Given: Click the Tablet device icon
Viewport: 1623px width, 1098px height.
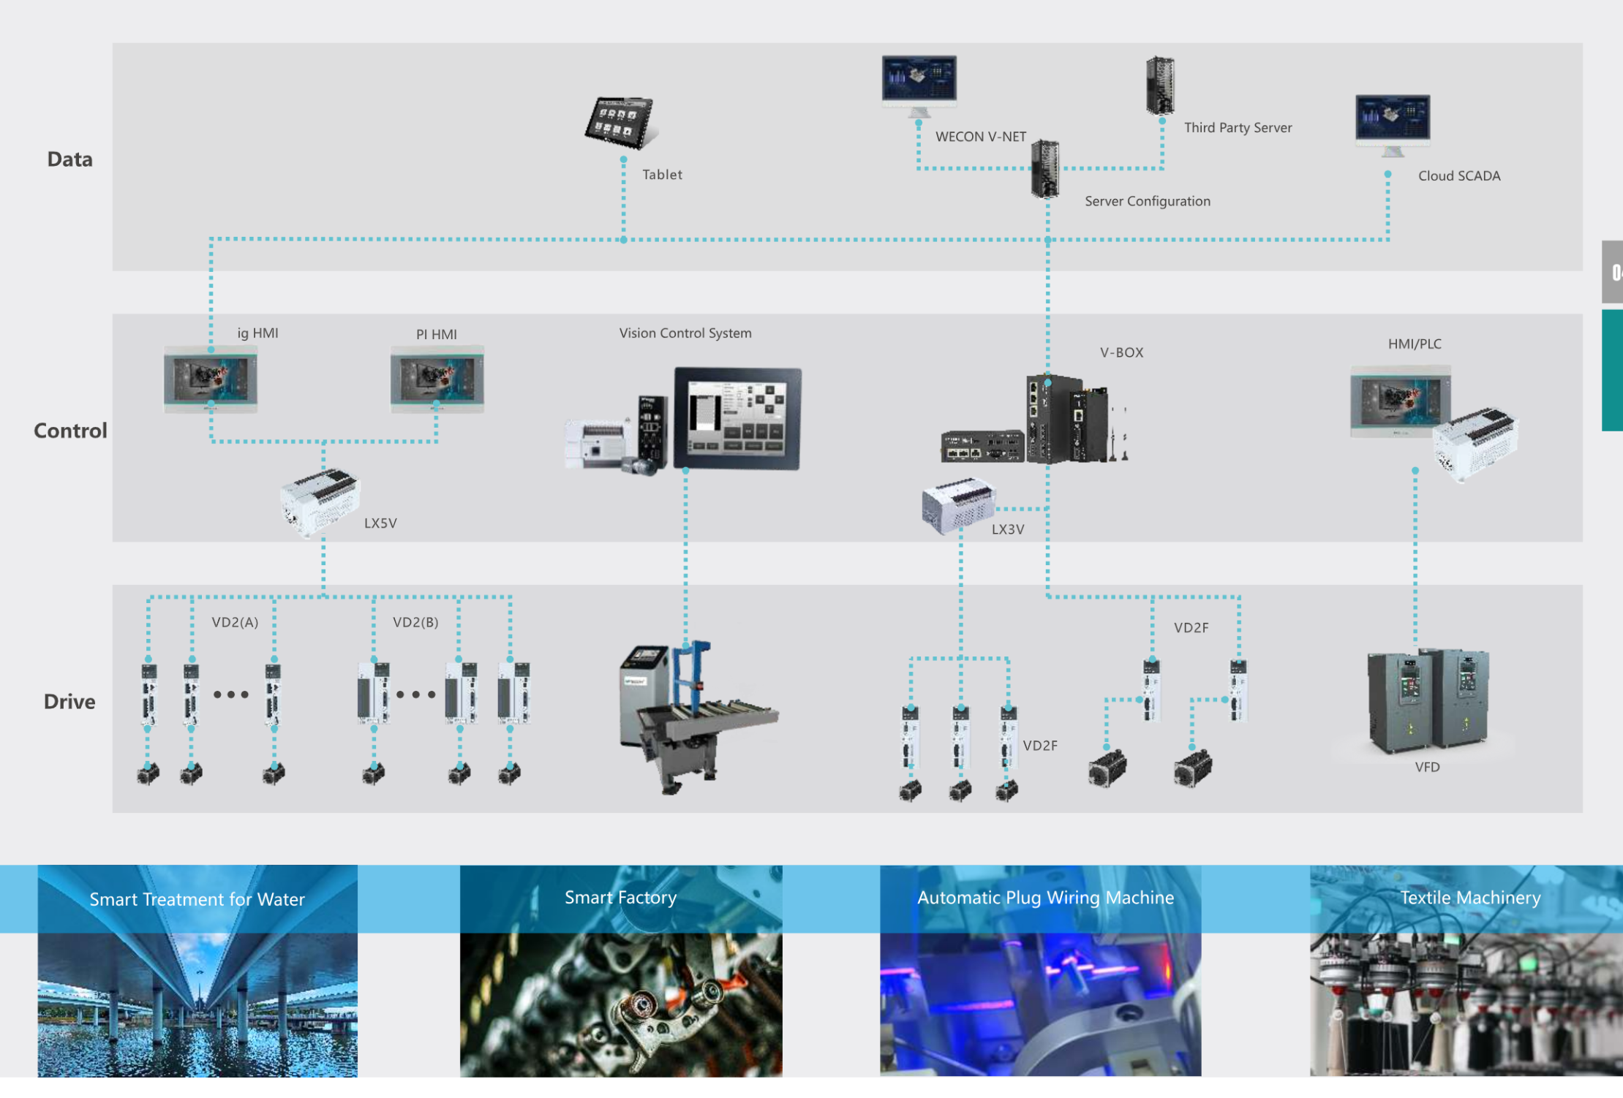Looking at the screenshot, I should pos(620,122).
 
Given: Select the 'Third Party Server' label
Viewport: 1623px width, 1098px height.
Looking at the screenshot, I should pos(1238,128).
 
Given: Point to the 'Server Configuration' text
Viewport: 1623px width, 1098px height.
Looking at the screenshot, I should pos(1147,202).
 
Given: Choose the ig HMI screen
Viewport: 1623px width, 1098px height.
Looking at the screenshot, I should pos(211,379).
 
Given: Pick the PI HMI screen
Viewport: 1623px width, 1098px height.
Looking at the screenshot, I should pos(437,379).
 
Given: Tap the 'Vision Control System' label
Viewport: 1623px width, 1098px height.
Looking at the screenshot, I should pos(685,333).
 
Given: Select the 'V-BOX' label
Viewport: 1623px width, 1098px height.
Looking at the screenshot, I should pos(1121,352).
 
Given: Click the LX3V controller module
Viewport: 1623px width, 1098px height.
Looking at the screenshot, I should pos(958,505).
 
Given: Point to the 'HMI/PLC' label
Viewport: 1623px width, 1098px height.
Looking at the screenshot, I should pos(1415,344).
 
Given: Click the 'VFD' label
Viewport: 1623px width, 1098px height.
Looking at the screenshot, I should pos(1427,767).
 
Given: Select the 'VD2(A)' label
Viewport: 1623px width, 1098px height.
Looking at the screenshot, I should pos(235,622).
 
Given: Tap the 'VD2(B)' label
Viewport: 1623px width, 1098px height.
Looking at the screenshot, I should pos(415,622).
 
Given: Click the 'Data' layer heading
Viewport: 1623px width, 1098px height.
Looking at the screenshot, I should pos(70,159).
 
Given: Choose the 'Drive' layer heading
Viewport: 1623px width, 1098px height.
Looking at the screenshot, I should pos(69,702).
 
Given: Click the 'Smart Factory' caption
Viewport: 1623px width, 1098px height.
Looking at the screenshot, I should pos(620,898).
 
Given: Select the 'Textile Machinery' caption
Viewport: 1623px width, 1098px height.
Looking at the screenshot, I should pos(1470,898).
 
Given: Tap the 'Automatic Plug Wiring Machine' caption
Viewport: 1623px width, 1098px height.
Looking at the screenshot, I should pos(1045,898).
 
